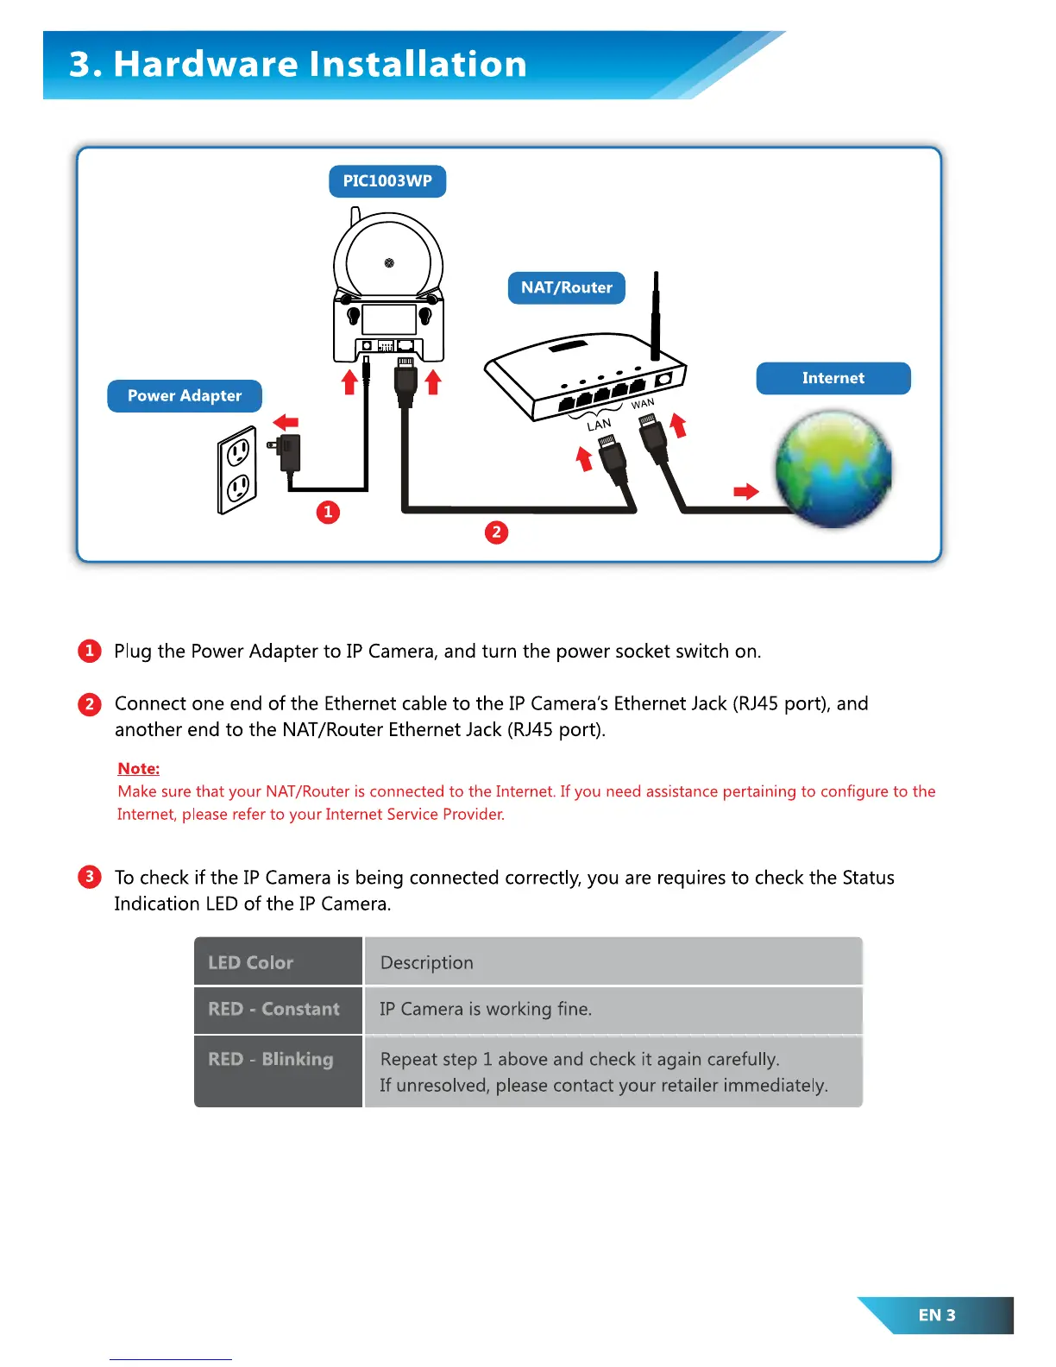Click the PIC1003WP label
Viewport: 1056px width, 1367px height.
pos(387,181)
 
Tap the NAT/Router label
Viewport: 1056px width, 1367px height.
pos(566,287)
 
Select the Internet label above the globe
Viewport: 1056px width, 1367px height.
pos(833,378)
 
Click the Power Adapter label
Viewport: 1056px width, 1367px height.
pos(184,395)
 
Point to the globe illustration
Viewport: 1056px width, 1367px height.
pos(833,469)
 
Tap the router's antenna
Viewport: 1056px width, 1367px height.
pos(656,316)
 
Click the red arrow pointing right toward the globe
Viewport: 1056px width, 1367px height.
pos(745,492)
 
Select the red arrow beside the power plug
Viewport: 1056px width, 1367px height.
pos(286,422)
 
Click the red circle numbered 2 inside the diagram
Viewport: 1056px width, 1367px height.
pos(496,532)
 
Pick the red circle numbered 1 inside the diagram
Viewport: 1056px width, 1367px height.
pos(328,513)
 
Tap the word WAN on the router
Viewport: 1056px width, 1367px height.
pos(643,404)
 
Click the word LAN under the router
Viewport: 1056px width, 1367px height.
pos(599,425)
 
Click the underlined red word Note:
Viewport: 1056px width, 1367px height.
pos(138,768)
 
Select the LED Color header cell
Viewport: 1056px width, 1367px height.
pos(278,962)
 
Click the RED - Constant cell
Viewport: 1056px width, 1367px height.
pos(278,1009)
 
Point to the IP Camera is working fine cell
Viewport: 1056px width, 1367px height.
pos(613,1009)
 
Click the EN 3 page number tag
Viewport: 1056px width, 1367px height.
pos(937,1315)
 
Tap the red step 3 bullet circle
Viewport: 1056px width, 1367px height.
pos(89,877)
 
